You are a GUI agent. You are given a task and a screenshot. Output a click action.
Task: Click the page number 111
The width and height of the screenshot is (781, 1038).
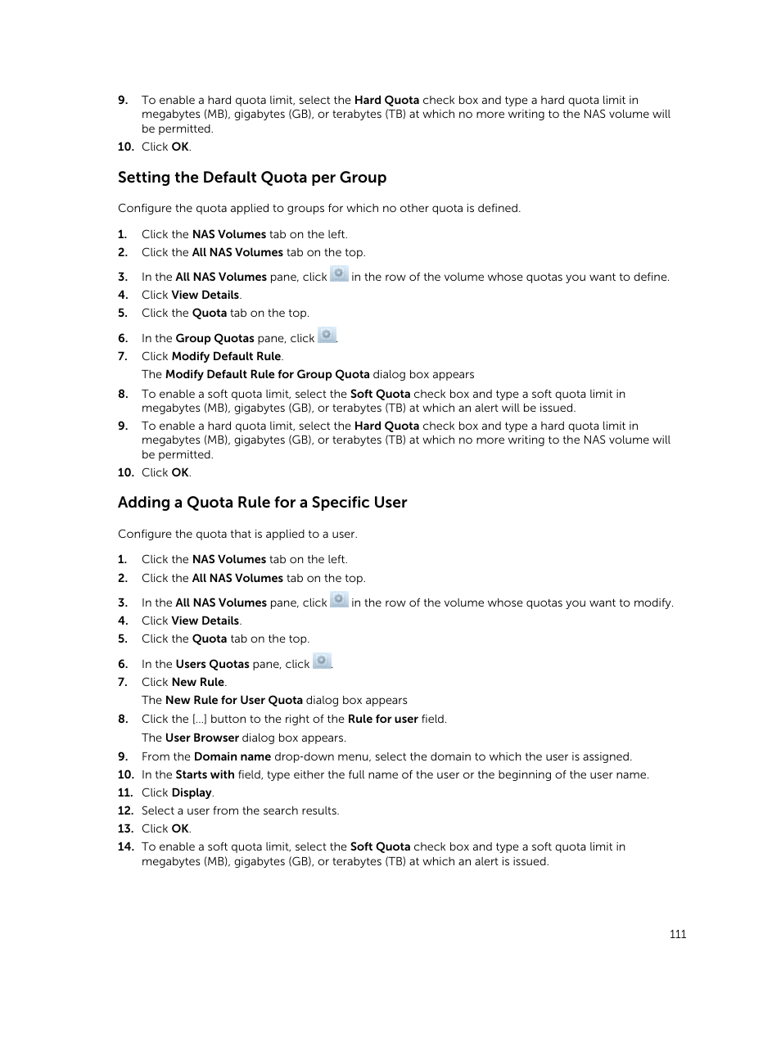pos(677,934)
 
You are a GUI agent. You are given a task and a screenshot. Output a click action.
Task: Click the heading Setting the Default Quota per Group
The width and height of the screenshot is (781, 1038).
pos(251,178)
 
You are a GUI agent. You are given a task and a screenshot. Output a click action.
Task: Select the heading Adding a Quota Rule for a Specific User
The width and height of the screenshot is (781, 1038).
pos(262,503)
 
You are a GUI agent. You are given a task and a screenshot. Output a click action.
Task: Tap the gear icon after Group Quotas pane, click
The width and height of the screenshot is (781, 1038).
pos(327,336)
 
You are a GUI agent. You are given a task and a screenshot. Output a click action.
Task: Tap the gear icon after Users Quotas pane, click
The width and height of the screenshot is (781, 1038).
pos(323,661)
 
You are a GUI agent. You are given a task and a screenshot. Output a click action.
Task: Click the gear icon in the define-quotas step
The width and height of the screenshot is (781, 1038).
pos(339,274)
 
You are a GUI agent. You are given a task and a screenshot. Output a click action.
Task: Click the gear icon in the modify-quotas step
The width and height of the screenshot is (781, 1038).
pos(339,600)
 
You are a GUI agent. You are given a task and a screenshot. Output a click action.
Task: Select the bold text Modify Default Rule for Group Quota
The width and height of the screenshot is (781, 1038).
pos(267,374)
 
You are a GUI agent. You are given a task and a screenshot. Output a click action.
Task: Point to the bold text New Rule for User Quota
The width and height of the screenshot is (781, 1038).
pos(233,700)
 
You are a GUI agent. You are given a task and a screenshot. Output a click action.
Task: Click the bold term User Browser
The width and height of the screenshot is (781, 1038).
pos(201,738)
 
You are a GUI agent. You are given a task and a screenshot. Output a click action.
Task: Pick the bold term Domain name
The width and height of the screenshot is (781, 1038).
pos(232,756)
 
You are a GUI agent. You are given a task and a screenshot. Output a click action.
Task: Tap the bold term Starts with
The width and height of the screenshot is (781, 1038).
pos(205,774)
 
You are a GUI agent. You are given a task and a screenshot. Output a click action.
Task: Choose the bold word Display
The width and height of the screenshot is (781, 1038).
pos(192,792)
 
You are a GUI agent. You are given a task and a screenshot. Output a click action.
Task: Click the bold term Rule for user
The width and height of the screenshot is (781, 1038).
pos(382,719)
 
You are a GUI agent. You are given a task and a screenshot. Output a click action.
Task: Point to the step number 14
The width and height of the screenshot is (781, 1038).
pos(124,846)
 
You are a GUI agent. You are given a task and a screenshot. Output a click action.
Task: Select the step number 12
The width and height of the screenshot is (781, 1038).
pos(124,810)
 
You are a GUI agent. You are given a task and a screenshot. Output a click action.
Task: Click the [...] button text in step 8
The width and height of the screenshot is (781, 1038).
pos(199,719)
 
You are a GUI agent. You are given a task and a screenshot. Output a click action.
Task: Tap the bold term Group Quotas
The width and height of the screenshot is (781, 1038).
pos(214,338)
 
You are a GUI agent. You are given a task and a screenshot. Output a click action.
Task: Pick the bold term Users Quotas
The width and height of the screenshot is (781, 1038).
pos(212,664)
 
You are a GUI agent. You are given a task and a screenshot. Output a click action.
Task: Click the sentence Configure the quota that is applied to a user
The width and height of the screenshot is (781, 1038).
pos(237,534)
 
